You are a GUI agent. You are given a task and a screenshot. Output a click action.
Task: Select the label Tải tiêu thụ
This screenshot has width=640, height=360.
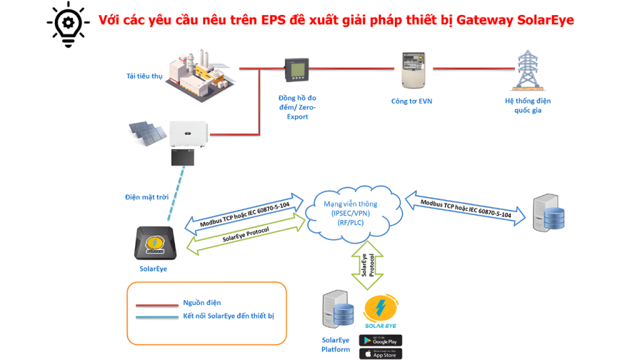(x=144, y=76)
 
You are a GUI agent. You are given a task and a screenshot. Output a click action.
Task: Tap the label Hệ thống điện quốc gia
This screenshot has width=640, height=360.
(x=527, y=106)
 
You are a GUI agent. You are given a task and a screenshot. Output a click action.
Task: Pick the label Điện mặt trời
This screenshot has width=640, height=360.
(x=147, y=197)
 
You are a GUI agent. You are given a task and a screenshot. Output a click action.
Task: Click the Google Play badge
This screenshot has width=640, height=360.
(x=380, y=341)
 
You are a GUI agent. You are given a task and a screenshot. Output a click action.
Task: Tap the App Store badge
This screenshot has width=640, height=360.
(x=380, y=354)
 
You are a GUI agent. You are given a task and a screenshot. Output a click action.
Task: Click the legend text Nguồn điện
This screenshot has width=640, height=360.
(x=202, y=303)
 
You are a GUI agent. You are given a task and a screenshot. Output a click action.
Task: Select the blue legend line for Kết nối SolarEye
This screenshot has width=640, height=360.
(x=156, y=317)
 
